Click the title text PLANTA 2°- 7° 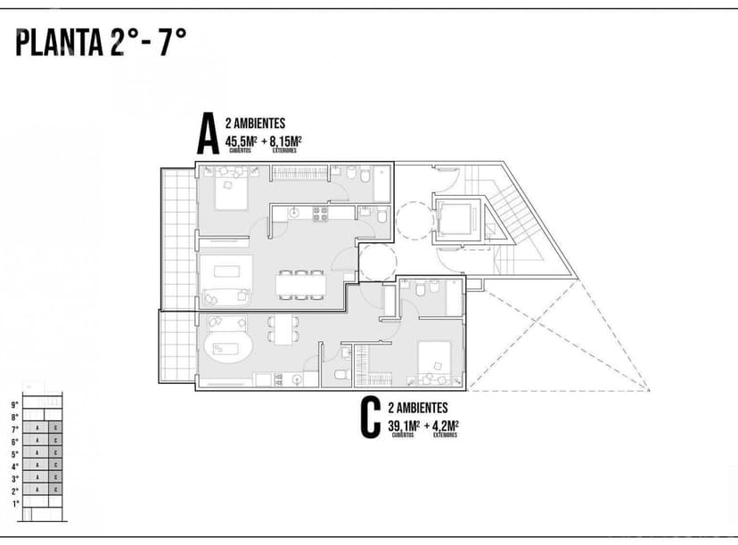click(x=101, y=42)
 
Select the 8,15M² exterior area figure click(x=285, y=140)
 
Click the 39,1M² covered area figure click(x=403, y=425)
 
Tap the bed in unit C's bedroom click(x=439, y=361)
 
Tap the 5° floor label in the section click(x=14, y=453)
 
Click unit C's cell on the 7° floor click(x=55, y=428)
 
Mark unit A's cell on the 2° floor click(x=37, y=491)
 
